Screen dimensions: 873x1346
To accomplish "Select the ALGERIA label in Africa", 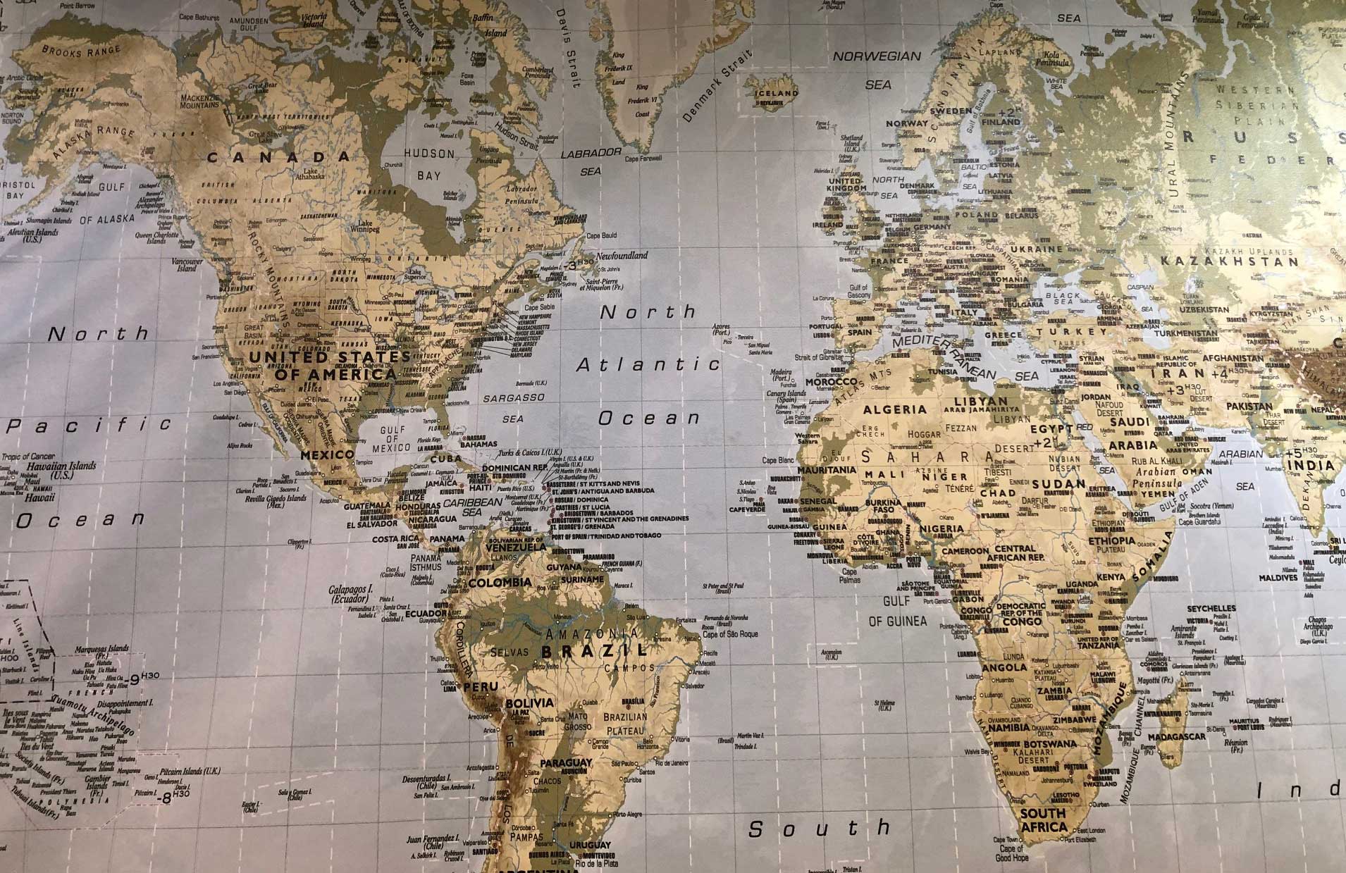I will [895, 409].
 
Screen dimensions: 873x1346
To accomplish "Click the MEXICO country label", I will [327, 455].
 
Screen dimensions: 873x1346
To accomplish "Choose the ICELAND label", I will [776, 92].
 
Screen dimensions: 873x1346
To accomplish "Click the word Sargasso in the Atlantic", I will [514, 398].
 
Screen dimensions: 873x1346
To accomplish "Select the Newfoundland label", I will [622, 256].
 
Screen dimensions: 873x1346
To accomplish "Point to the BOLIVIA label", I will [529, 702].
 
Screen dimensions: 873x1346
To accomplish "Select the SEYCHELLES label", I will [1211, 608].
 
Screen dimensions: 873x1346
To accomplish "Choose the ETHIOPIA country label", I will [1111, 541].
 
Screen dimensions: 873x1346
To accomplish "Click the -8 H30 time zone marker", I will [173, 797].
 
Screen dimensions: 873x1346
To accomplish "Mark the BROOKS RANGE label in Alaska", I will [81, 50].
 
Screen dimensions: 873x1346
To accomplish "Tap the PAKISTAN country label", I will [1249, 407].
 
